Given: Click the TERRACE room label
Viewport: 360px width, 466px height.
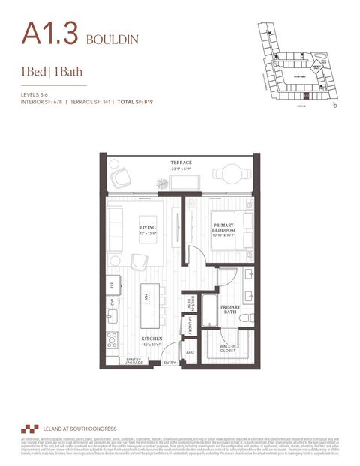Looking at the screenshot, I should (180, 163).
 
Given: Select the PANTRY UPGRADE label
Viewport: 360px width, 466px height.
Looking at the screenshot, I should (133, 361).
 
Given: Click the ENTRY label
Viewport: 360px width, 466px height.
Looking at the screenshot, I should (171, 363).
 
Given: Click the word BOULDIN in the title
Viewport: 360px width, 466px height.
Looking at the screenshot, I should (112, 37).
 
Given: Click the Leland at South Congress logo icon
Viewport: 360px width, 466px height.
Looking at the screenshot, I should (30, 429).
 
